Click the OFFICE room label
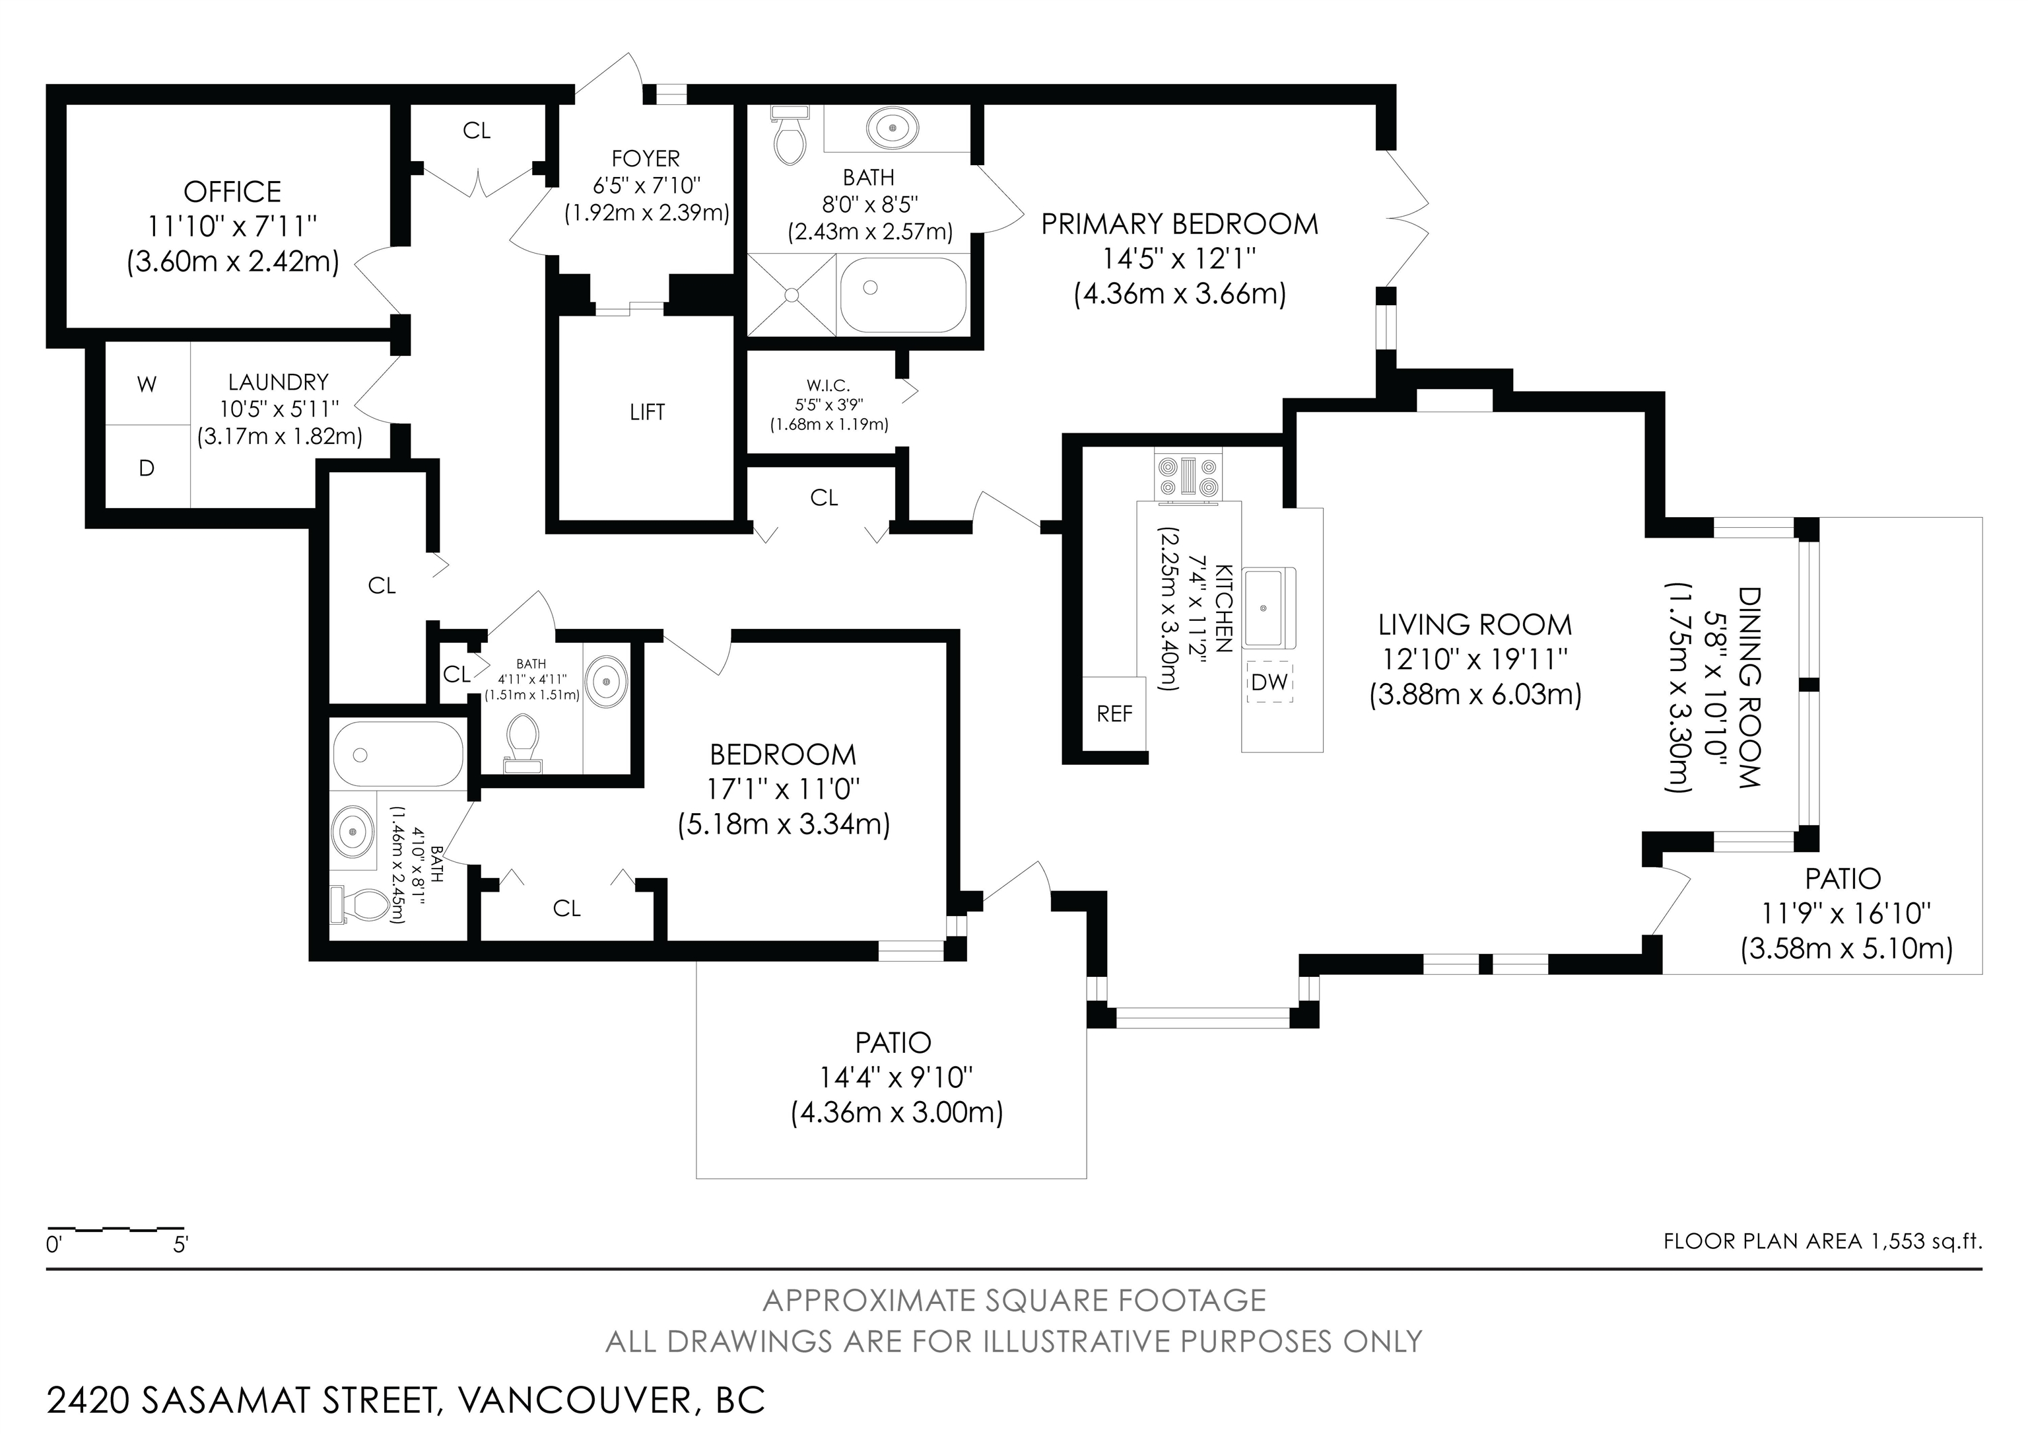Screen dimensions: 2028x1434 [x=232, y=192]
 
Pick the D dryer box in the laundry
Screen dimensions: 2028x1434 [x=147, y=466]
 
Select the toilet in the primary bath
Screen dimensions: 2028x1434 [x=790, y=135]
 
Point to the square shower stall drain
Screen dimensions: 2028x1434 [x=792, y=294]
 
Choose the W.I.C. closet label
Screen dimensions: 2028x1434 [x=828, y=386]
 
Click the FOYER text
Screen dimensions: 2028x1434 [x=646, y=159]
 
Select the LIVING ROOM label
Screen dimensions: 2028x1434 [x=1475, y=626]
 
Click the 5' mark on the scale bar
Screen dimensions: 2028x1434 [x=181, y=1246]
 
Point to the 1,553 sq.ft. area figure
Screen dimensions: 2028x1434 [x=1926, y=1241]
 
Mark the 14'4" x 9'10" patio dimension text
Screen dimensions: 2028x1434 [x=896, y=1077]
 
